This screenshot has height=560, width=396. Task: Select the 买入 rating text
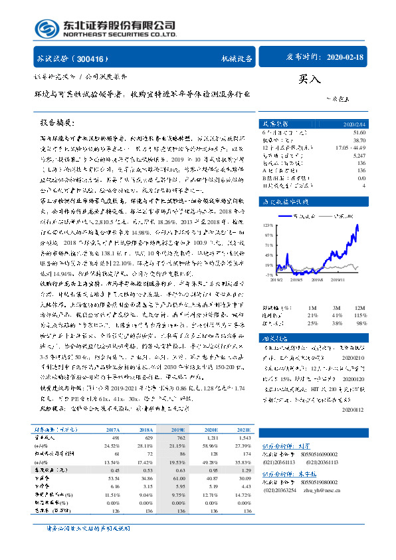point(309,78)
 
